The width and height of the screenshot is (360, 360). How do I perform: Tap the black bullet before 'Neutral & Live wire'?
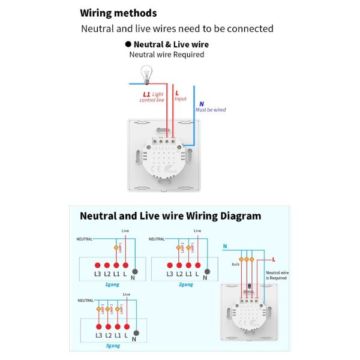(x=128, y=44)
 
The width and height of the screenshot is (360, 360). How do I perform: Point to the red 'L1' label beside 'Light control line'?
(x=146, y=94)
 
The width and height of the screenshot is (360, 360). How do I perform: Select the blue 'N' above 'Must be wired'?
(x=201, y=103)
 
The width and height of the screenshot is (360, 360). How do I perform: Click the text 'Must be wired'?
(x=211, y=110)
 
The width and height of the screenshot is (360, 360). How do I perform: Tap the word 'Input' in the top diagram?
(x=181, y=99)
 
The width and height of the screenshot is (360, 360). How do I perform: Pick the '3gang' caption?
(x=113, y=345)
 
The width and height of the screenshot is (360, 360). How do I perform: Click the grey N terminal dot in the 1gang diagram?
(x=135, y=265)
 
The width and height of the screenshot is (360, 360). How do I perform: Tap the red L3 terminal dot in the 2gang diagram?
(x=169, y=265)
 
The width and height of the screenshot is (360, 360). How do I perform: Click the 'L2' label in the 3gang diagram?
(x=108, y=335)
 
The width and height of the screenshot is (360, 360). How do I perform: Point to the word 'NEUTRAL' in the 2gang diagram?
(x=156, y=239)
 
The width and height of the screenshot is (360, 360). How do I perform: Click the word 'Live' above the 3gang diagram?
(x=126, y=294)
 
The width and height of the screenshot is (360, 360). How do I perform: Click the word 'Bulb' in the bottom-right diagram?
(x=235, y=263)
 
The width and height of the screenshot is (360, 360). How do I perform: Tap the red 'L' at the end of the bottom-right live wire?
(x=274, y=259)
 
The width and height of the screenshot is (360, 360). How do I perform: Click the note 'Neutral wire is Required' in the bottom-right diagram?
(x=277, y=275)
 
